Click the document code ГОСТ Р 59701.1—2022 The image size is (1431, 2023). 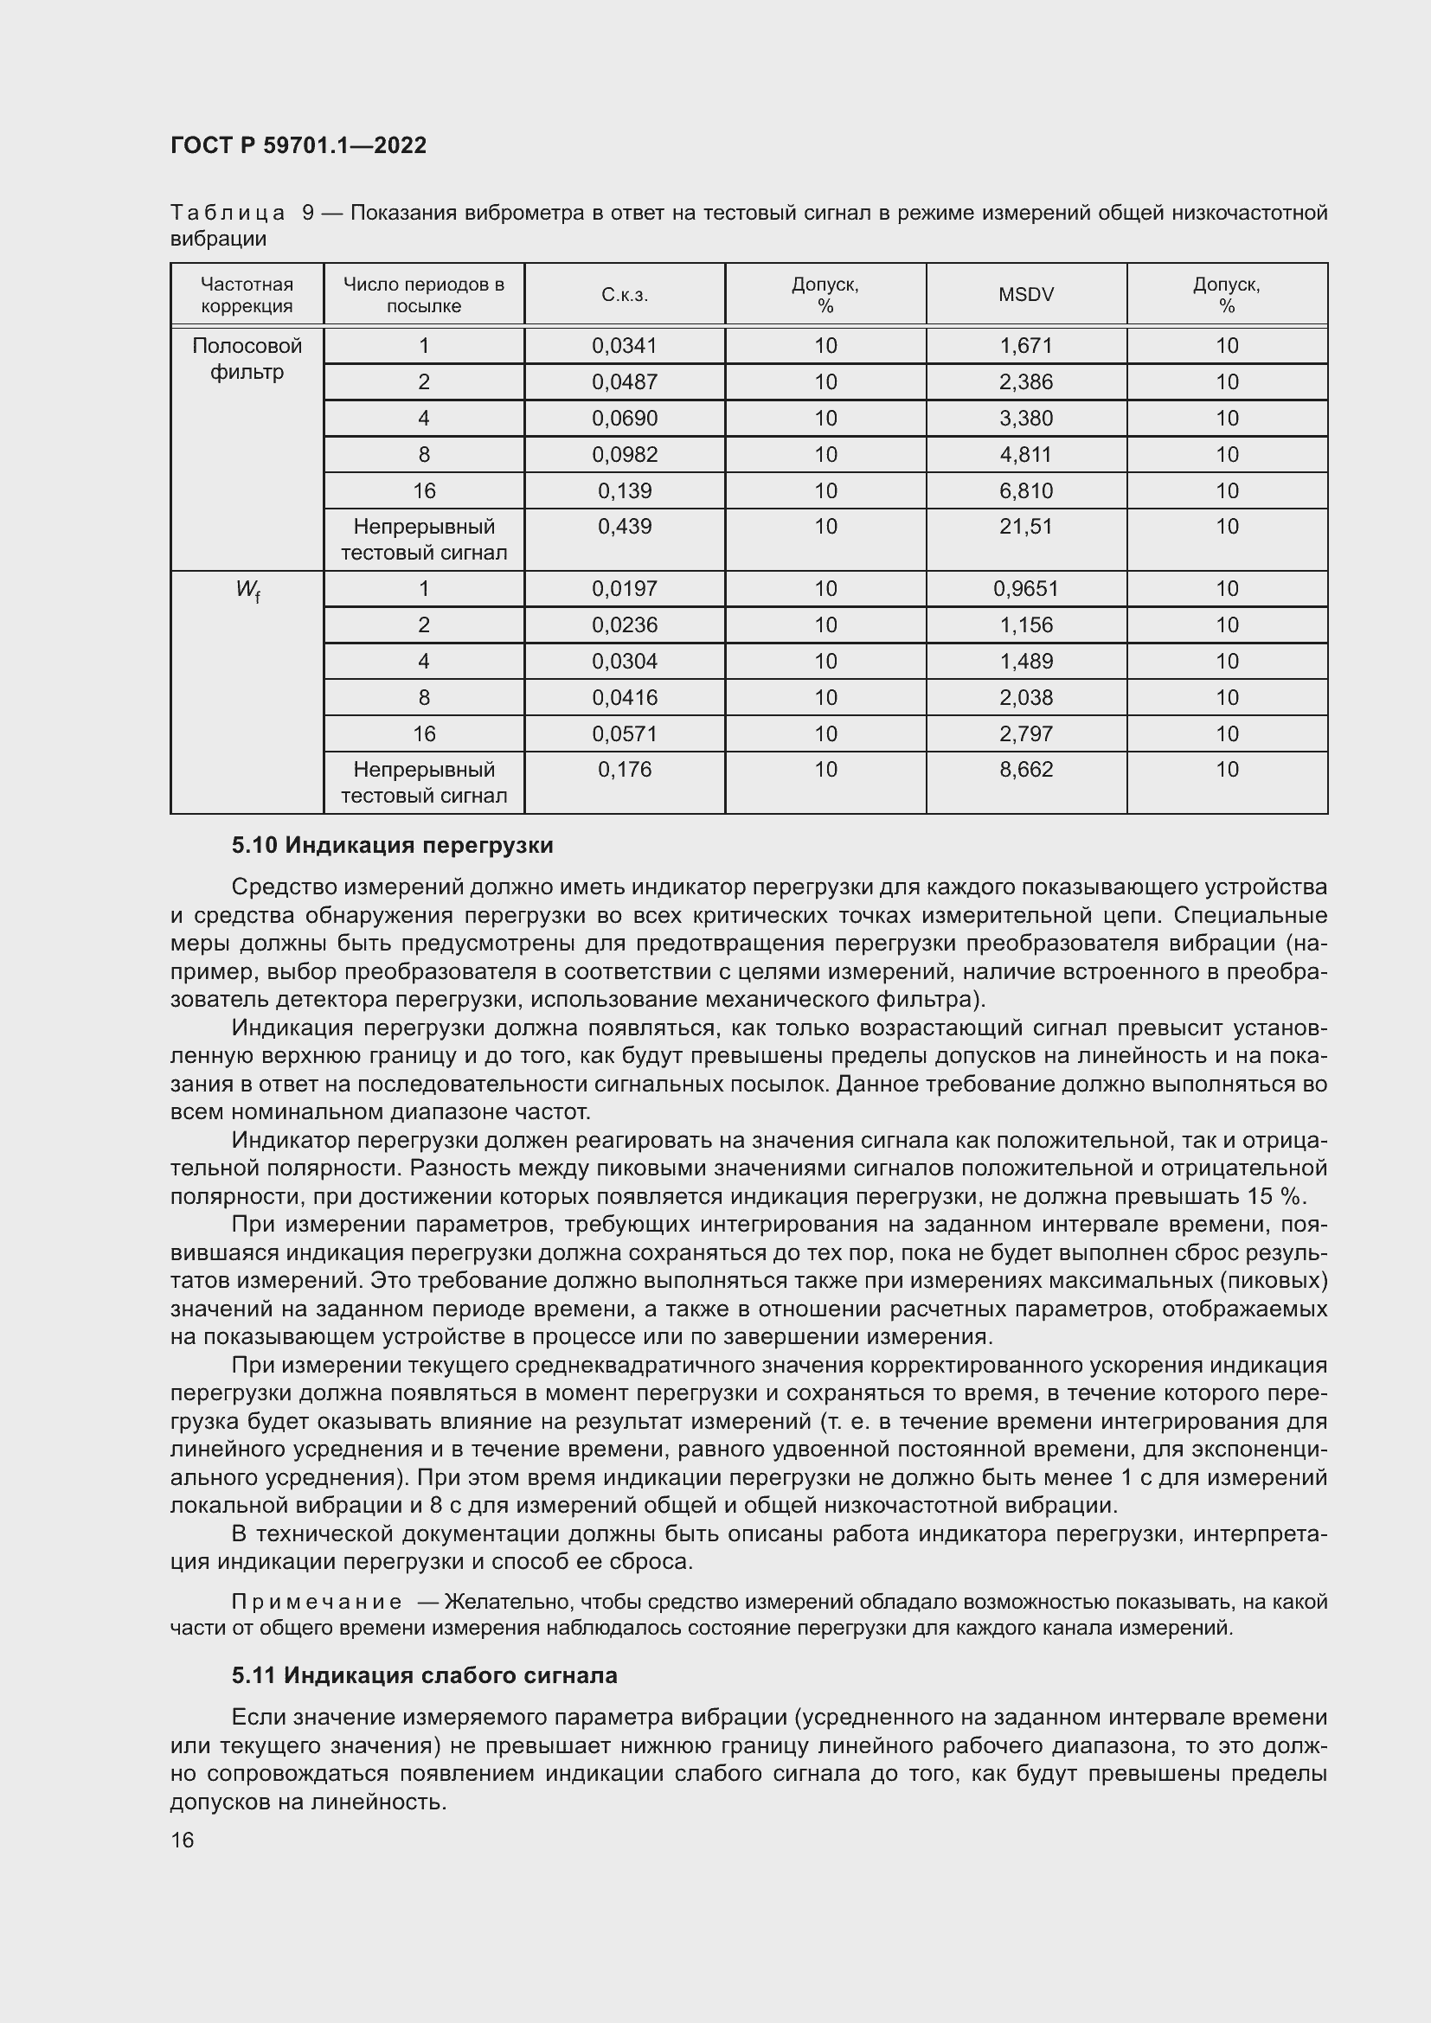(298, 145)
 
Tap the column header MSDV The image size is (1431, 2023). (1026, 295)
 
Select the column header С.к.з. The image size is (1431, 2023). (624, 295)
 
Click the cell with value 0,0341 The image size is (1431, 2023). (624, 345)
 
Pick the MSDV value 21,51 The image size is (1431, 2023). (1026, 527)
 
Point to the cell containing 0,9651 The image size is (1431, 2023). (1026, 589)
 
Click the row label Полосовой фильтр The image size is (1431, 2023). (247, 359)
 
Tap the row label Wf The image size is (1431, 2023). (247, 591)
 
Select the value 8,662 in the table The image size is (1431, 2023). (1026, 770)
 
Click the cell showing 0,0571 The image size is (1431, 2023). (624, 734)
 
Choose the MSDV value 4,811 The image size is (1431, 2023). (1026, 455)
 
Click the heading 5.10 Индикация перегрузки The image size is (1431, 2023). (392, 846)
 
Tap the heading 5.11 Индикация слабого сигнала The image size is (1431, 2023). (424, 1676)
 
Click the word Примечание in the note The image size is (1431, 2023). (317, 1602)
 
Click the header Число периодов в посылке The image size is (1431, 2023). (423, 295)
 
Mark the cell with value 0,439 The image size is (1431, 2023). (624, 527)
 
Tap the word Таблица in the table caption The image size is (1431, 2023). (228, 214)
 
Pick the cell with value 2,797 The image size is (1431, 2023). (1026, 734)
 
